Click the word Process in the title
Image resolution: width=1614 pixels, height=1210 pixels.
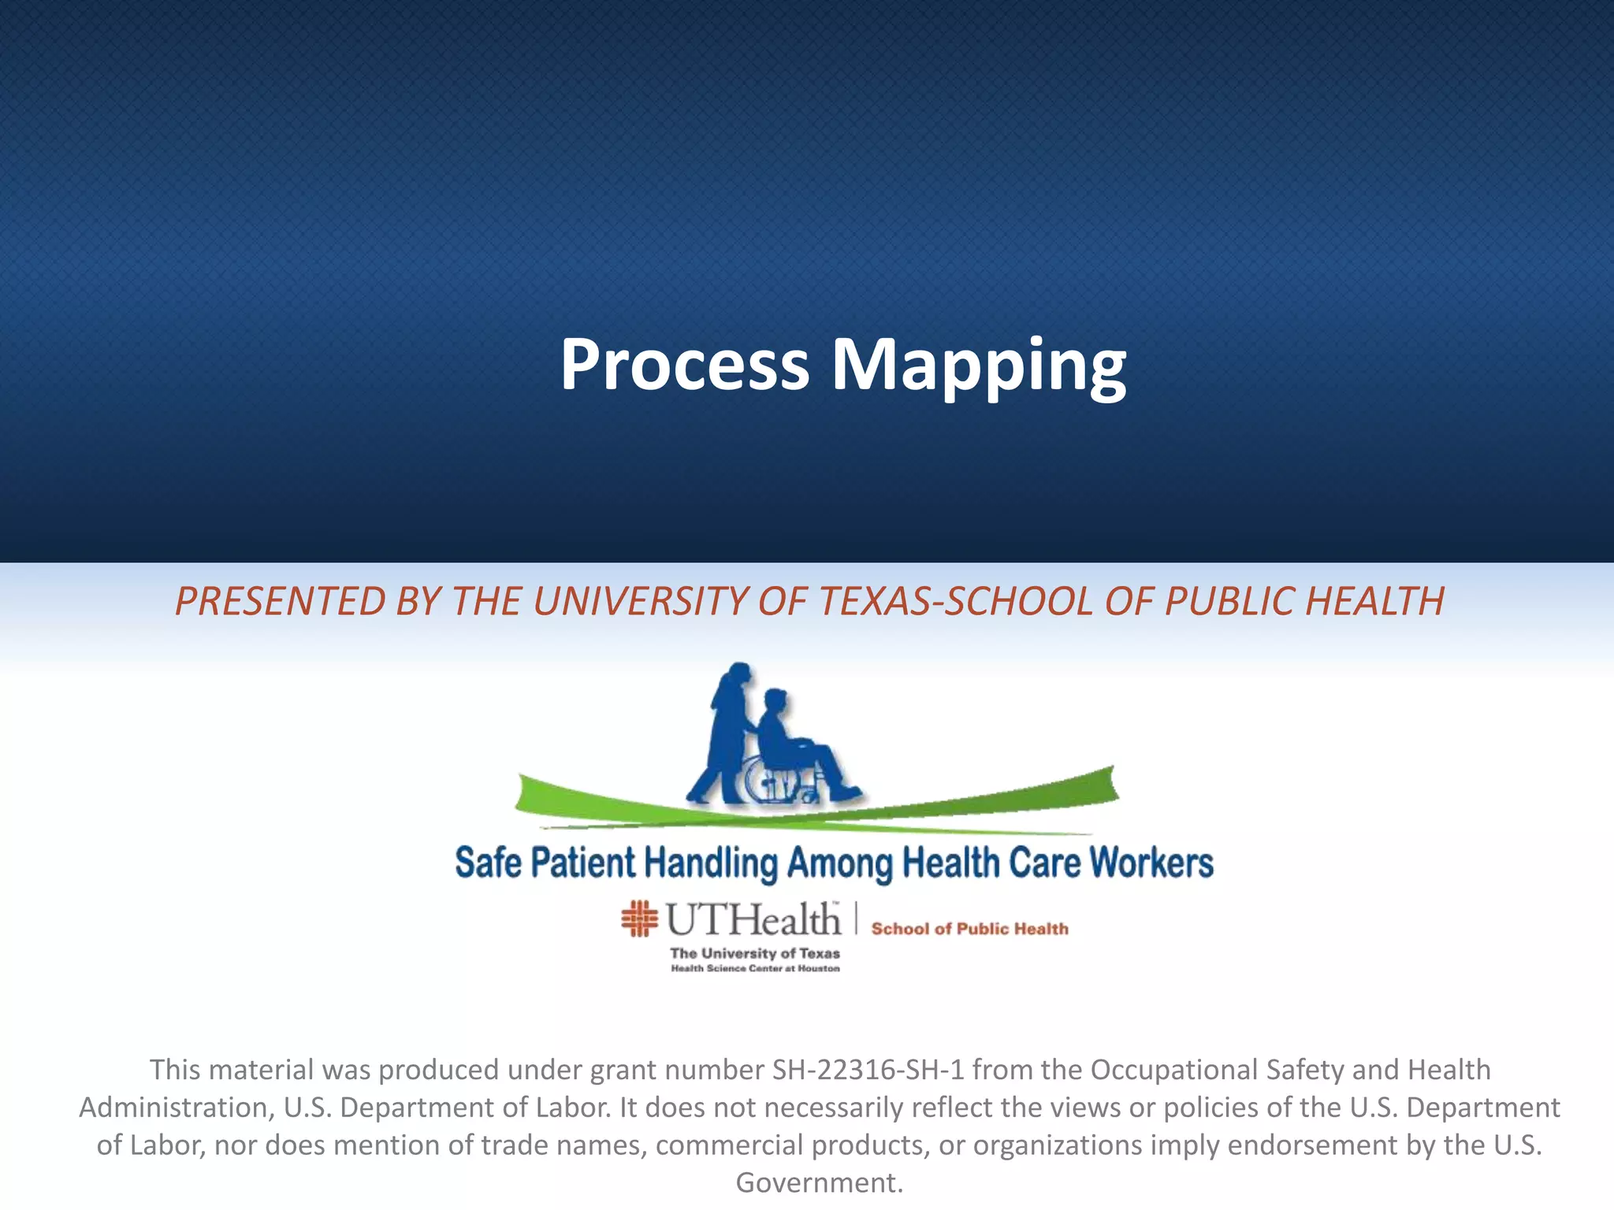pyautogui.click(x=684, y=365)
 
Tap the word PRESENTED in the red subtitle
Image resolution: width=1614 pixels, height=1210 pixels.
pyautogui.click(x=281, y=601)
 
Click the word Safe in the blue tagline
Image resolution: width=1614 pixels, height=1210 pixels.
pyautogui.click(x=488, y=863)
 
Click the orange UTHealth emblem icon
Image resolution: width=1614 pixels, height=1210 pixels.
pyautogui.click(x=639, y=919)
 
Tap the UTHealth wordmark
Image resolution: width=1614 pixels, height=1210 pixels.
pyautogui.click(x=753, y=919)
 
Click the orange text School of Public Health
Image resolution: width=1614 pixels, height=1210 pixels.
pyautogui.click(x=969, y=929)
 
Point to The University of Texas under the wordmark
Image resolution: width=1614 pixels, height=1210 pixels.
pyautogui.click(x=754, y=953)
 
